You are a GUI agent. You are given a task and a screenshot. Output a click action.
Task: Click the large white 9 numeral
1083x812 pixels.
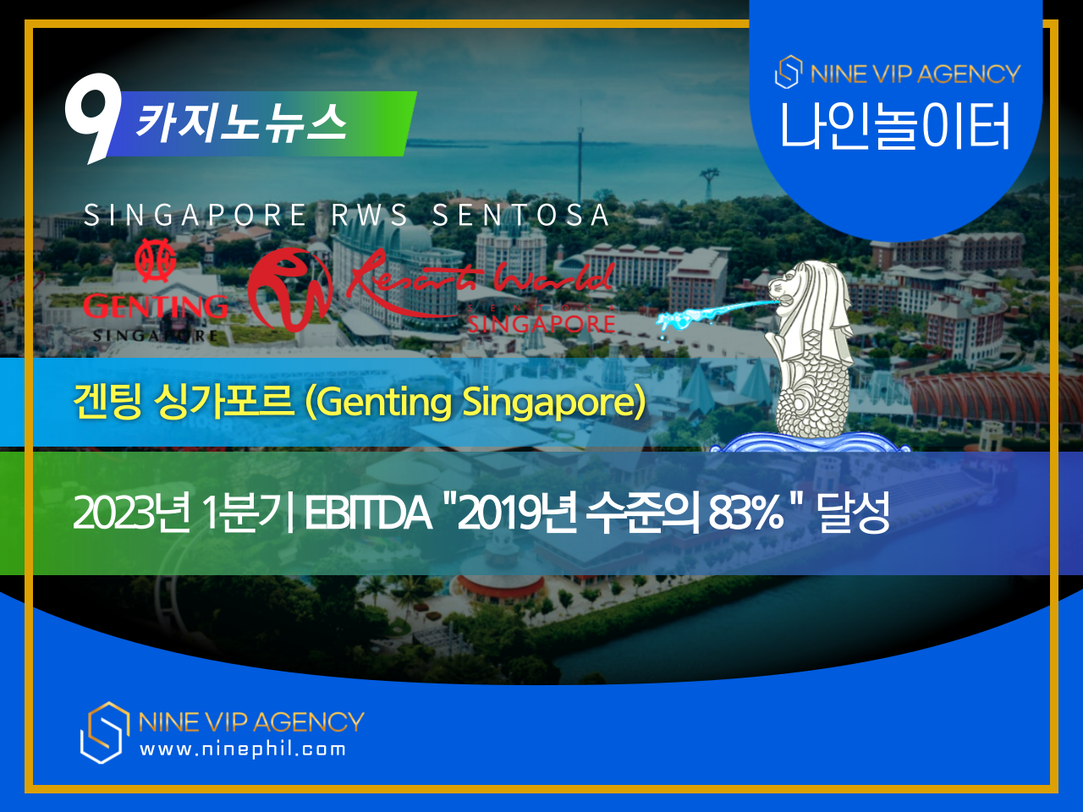click(91, 114)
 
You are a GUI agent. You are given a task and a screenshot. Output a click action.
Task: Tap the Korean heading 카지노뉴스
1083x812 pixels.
click(241, 123)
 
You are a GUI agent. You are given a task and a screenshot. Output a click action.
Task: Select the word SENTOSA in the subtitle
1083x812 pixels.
click(520, 216)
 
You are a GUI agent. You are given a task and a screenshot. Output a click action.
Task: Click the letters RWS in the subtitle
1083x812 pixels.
click(370, 216)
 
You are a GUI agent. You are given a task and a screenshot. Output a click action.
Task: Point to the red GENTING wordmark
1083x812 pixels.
click(155, 306)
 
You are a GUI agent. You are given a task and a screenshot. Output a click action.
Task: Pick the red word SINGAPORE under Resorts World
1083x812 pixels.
click(541, 323)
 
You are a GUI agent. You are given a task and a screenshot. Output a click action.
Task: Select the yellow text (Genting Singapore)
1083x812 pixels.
click(475, 402)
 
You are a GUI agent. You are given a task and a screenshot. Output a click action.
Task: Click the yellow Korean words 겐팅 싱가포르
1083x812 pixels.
click(183, 402)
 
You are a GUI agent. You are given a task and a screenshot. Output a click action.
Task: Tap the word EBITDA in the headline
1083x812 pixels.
click(367, 513)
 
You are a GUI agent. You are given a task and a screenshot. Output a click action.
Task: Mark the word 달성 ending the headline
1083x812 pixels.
click(854, 513)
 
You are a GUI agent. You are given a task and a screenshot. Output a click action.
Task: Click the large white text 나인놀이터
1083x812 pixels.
click(895, 127)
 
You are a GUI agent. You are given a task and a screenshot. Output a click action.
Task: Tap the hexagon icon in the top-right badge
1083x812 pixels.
click(788, 73)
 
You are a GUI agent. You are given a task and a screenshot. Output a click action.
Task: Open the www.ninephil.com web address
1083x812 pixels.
click(243, 749)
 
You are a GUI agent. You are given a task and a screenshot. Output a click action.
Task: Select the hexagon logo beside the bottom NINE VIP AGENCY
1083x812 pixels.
click(104, 732)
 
